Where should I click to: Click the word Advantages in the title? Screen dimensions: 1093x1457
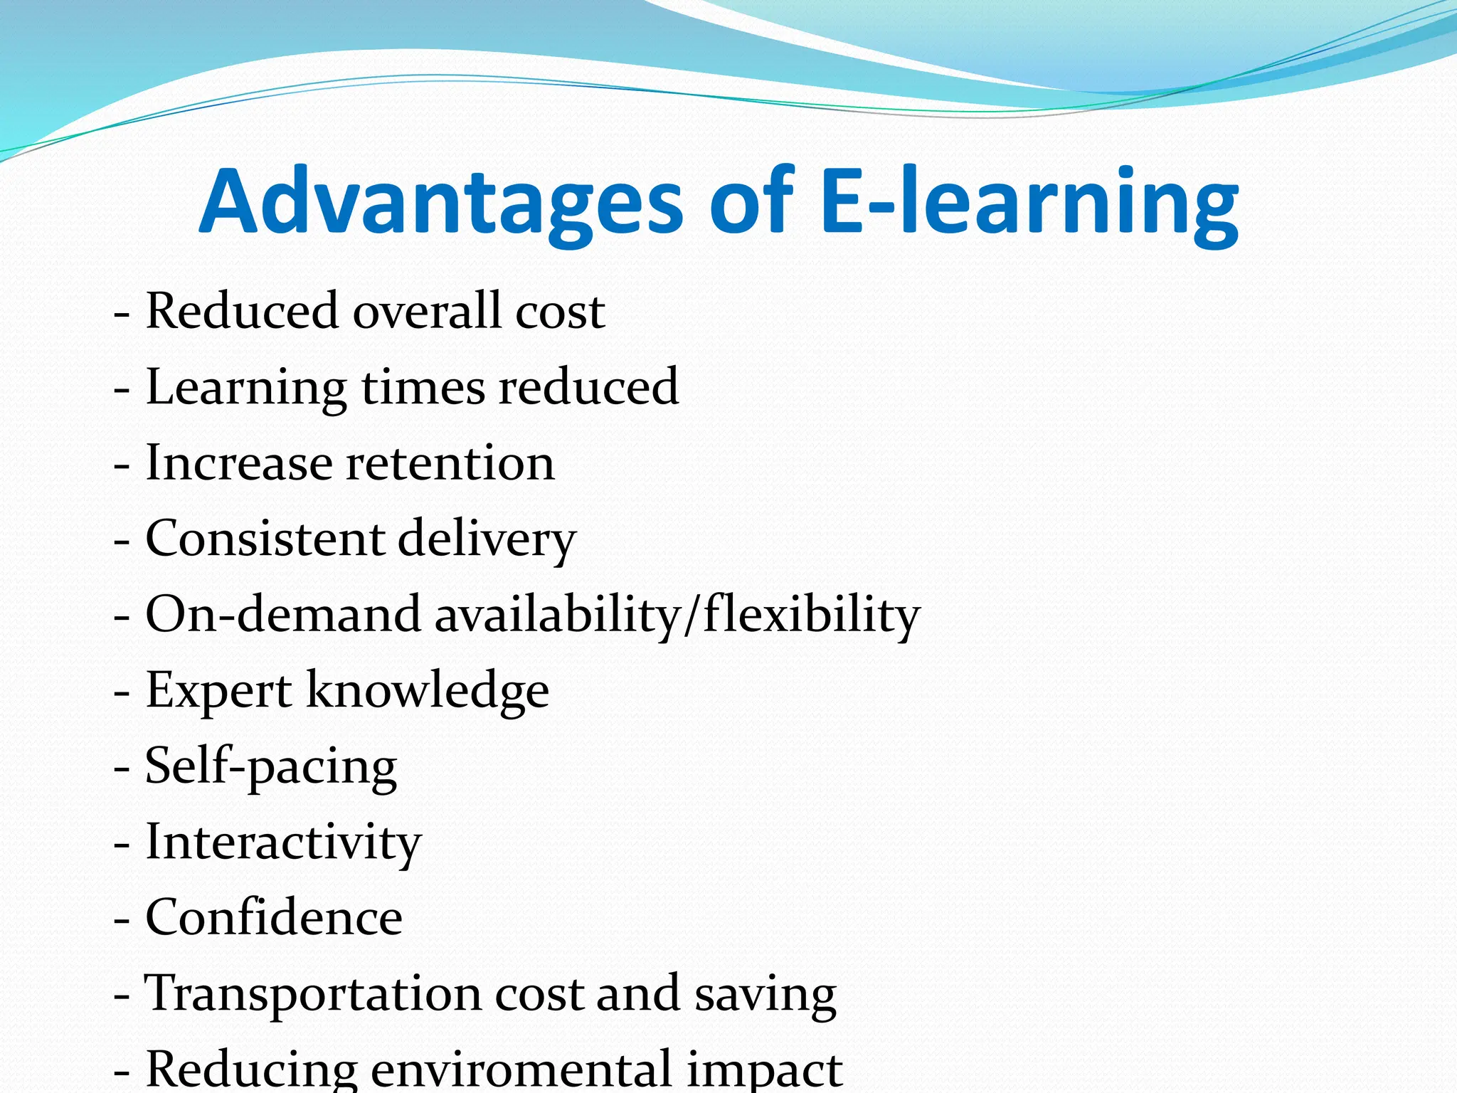click(441, 203)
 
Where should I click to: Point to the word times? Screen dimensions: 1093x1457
click(423, 388)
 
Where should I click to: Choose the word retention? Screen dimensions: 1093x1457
click(450, 464)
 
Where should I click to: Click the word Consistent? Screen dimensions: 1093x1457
click(264, 539)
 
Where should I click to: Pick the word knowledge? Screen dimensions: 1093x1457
click(428, 692)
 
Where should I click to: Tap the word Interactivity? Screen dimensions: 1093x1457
click(283, 844)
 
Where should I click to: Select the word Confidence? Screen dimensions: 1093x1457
click(274, 919)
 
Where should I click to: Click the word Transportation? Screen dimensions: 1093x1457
click(312, 995)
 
